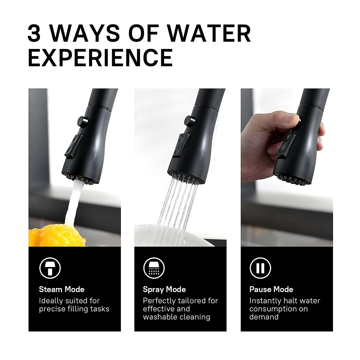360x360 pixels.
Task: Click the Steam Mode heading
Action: (61, 289)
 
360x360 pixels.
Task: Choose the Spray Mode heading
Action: (164, 289)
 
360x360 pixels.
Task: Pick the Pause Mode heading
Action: (271, 289)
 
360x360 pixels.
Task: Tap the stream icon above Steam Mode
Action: (50, 268)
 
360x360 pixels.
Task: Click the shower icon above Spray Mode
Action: (154, 268)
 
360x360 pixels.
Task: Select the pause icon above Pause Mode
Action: (260, 268)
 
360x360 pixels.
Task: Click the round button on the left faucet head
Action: (82, 121)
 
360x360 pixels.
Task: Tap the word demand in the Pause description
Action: (264, 317)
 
